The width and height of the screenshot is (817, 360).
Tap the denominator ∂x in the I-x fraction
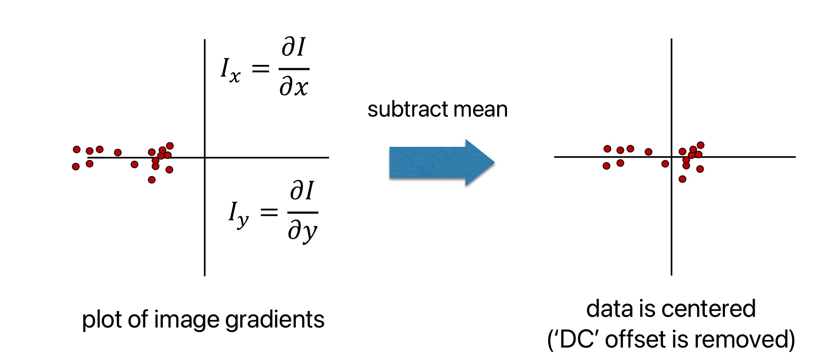click(294, 86)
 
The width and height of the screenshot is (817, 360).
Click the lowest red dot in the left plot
click(152, 180)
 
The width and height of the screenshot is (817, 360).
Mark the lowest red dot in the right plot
click(682, 179)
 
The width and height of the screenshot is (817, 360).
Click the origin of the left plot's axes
click(205, 158)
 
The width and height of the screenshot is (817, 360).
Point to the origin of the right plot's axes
click(671, 157)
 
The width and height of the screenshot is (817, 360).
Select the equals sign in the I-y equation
click(269, 212)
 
